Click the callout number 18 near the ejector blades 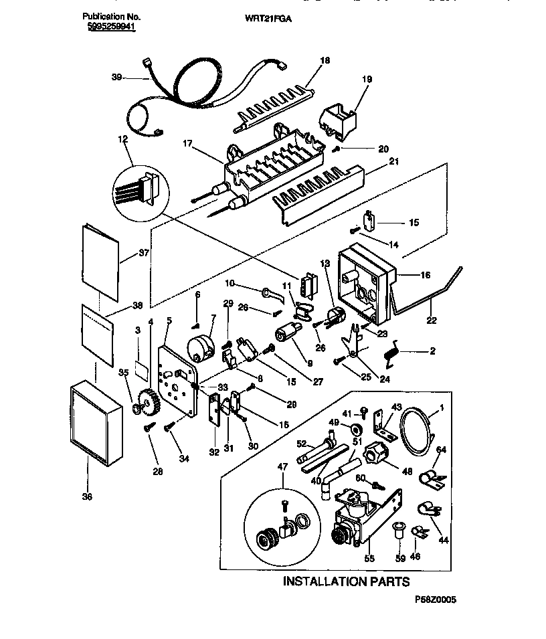[325, 61]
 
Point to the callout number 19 [367, 78]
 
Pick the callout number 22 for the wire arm [432, 321]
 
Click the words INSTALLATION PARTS [345, 581]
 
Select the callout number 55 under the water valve [369, 557]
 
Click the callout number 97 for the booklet [143, 253]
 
